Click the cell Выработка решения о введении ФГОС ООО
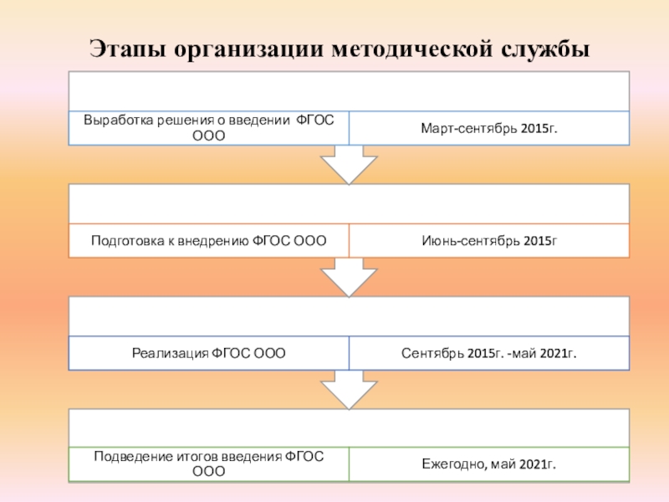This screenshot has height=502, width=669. [x=209, y=128]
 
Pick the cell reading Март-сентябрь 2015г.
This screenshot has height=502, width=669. [x=489, y=128]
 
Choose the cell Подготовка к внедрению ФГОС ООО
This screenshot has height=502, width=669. [x=209, y=240]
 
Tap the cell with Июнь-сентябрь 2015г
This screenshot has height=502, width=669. [x=489, y=240]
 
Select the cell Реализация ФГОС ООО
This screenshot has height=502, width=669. [x=209, y=353]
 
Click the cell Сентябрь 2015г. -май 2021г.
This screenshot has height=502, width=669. [x=489, y=353]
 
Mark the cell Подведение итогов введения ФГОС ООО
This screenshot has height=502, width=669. [x=209, y=464]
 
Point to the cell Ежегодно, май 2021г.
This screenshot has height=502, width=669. [x=489, y=464]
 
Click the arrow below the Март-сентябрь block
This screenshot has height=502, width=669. [x=349, y=164]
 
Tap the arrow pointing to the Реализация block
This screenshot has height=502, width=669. [x=349, y=277]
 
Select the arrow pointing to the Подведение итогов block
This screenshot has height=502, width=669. [x=349, y=389]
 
